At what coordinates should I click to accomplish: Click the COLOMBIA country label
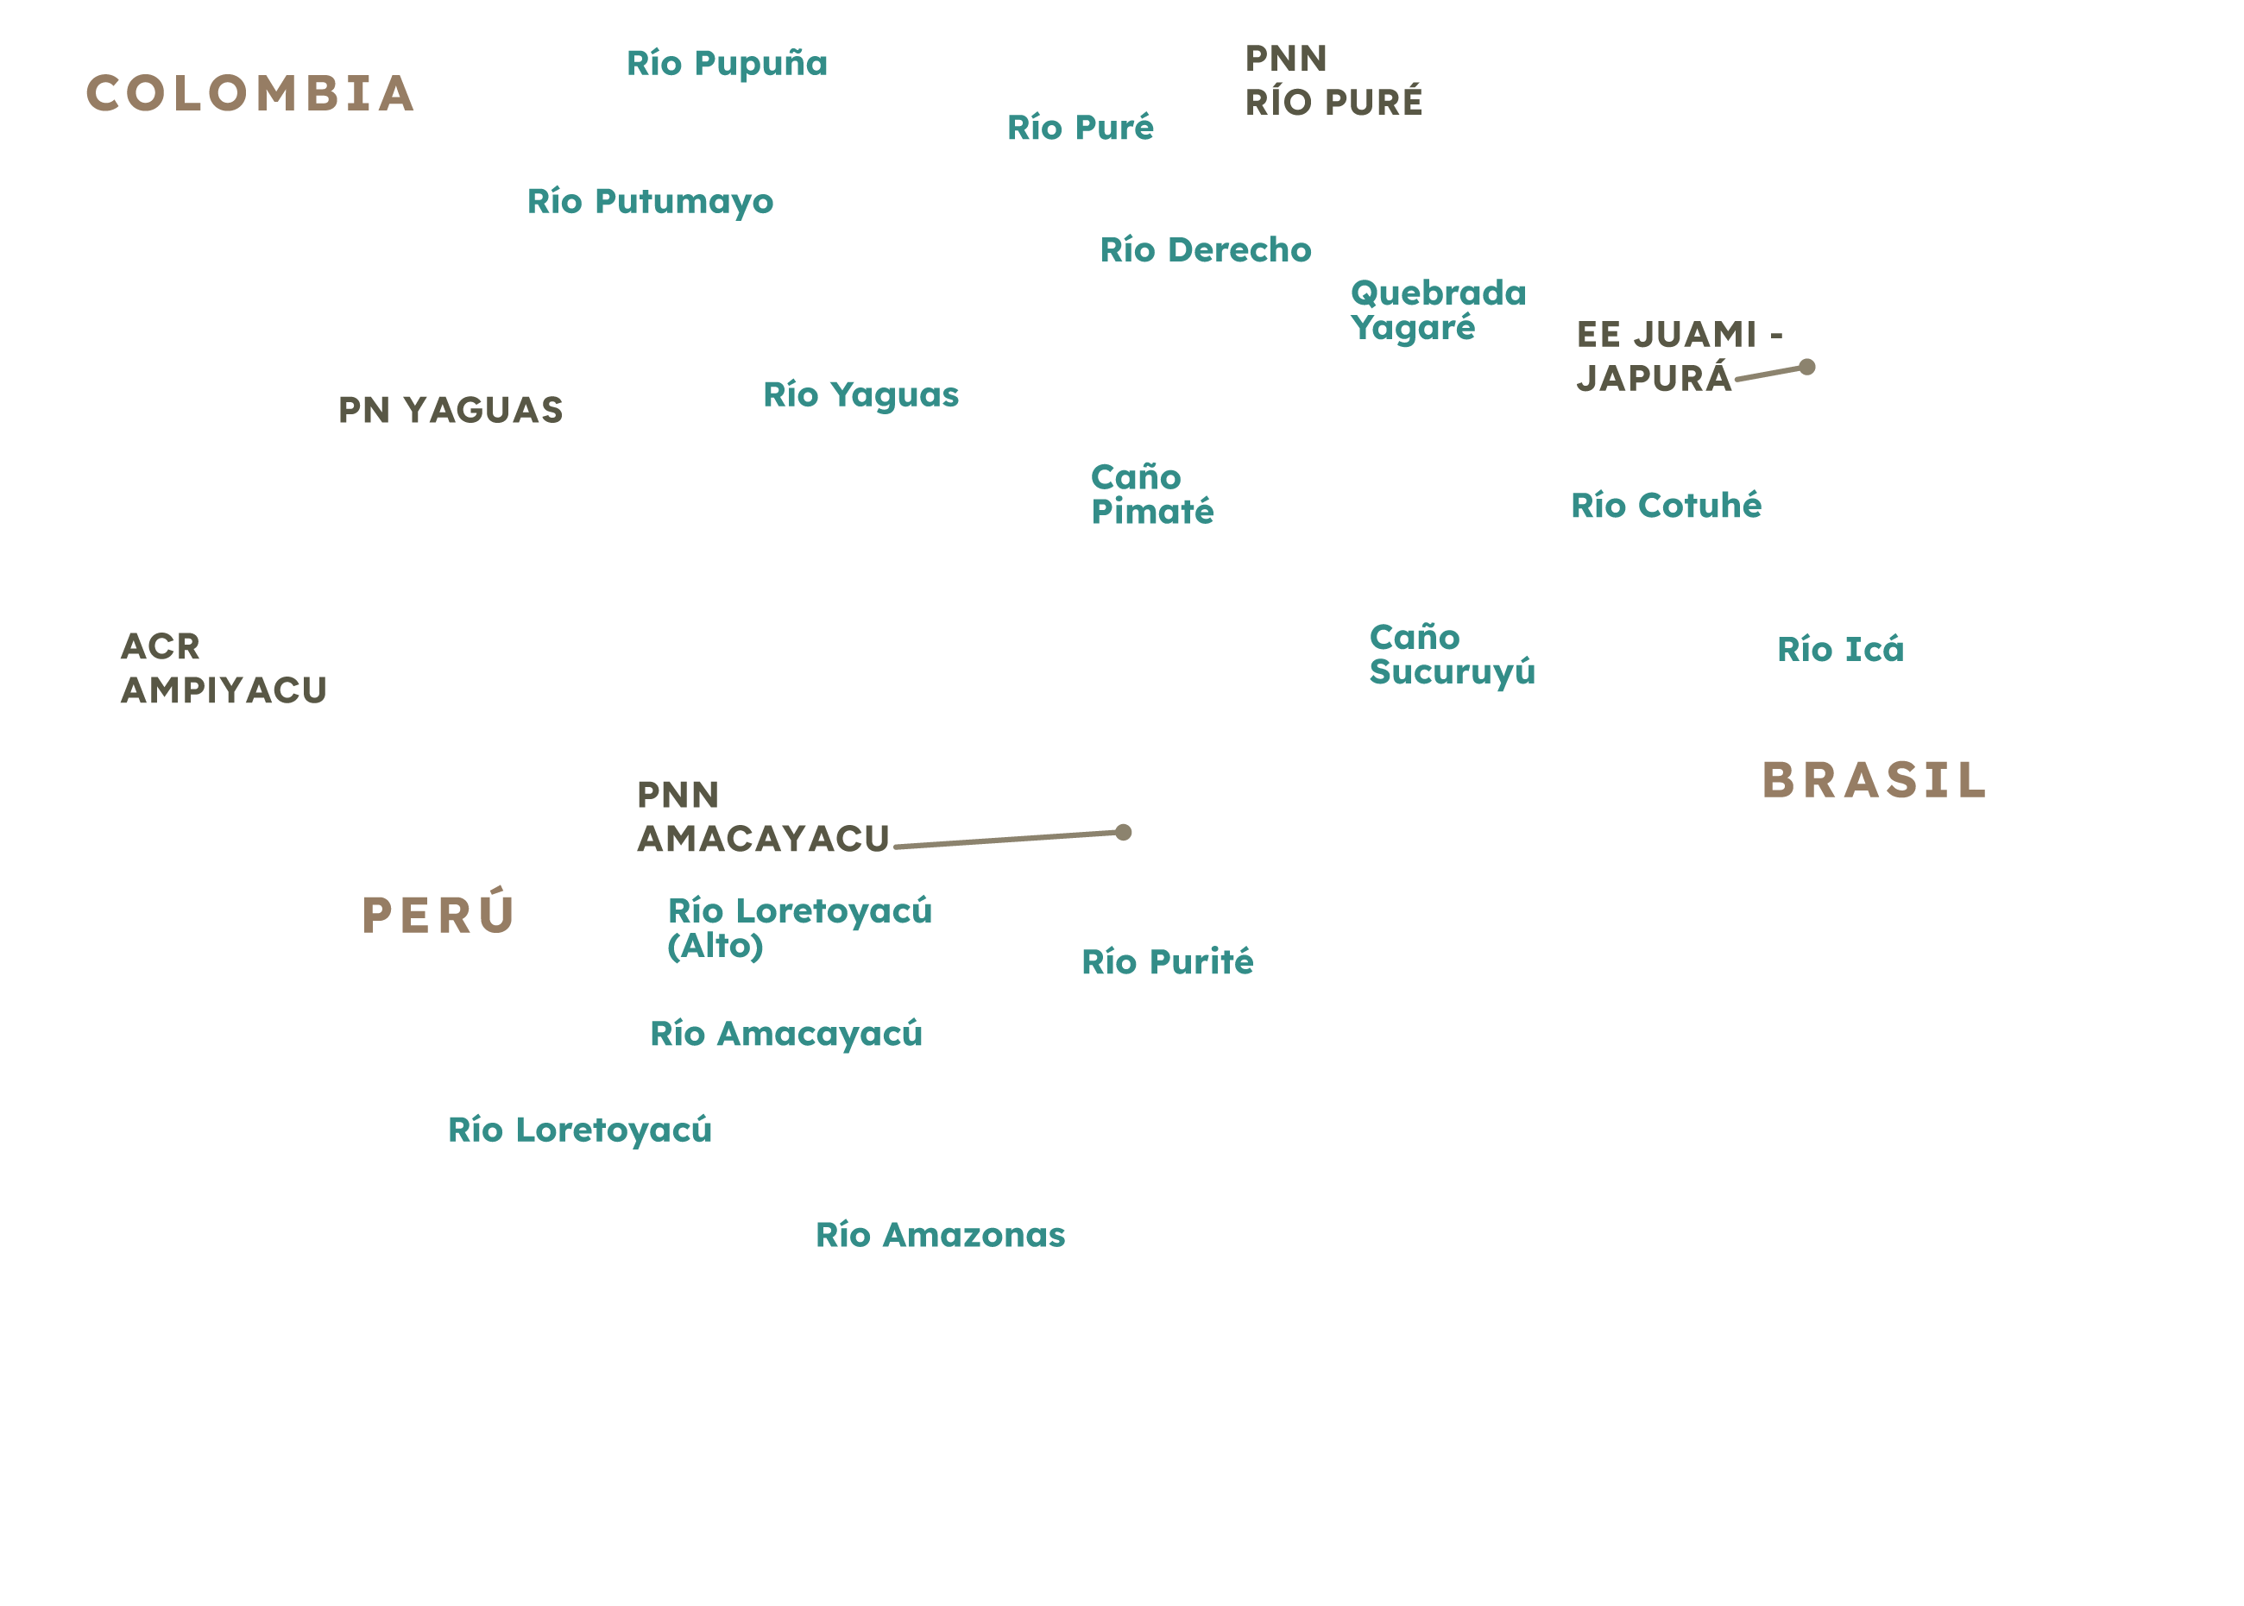coord(250,93)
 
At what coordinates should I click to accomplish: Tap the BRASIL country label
coord(1873,780)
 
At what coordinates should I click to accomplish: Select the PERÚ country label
coord(437,914)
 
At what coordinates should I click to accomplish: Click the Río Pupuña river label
coord(727,64)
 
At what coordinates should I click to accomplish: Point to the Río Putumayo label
coord(650,202)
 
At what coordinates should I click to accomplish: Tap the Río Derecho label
coord(1206,250)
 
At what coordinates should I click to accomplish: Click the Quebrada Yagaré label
coord(1436,311)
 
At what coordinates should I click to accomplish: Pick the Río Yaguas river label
coord(860,395)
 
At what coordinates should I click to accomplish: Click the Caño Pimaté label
coord(1152,494)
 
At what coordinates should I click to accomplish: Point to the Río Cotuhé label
coord(1667,506)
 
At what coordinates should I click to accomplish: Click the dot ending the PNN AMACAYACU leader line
coord(1124,832)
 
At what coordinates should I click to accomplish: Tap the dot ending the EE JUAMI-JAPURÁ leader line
coord(1808,367)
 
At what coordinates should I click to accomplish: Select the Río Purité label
coord(1167,961)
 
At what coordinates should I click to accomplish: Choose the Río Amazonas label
coord(940,1235)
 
